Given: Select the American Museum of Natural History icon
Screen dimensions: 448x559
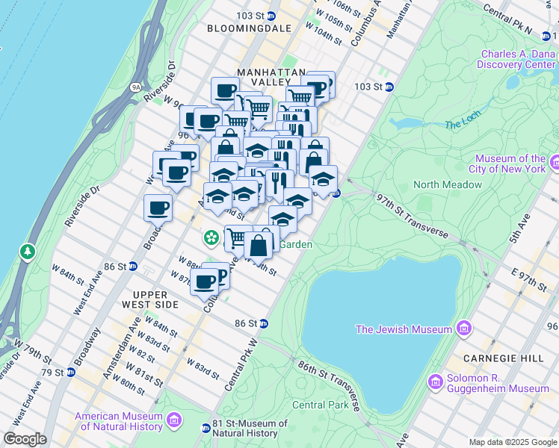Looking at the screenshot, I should pos(174,421).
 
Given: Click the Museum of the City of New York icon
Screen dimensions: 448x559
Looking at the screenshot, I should pos(555,163).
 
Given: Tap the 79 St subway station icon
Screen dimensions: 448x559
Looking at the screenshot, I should pos(70,372).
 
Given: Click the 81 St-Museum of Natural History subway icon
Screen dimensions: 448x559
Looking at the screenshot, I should pos(206,428).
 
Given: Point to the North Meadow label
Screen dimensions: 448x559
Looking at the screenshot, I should pos(448,184).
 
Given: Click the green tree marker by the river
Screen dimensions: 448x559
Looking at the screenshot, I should pos(28,252).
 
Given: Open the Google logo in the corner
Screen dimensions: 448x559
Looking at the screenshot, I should pos(25,439).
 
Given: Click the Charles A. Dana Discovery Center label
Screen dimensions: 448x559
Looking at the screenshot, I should pos(518,59).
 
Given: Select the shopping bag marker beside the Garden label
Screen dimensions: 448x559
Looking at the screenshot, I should pos(259,245).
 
